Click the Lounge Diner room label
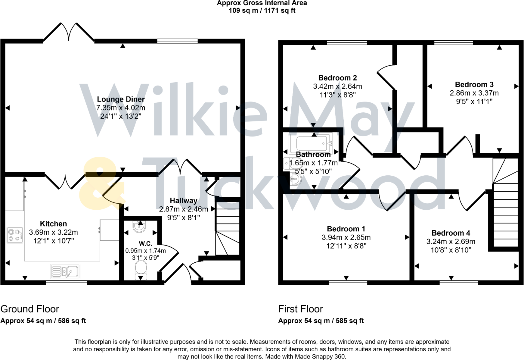click(x=121, y=99)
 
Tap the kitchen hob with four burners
click(x=15, y=235)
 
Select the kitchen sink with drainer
click(x=65, y=271)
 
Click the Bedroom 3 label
click(x=474, y=84)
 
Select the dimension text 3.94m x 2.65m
click(x=346, y=237)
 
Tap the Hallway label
click(x=183, y=201)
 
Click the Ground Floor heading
click(x=30, y=309)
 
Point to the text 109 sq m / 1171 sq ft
click(x=262, y=11)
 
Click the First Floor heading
click(x=300, y=309)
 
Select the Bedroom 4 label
click(x=451, y=233)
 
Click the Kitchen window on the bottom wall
click(x=66, y=283)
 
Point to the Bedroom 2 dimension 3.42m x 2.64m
click(x=337, y=86)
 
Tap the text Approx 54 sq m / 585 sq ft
click(x=321, y=321)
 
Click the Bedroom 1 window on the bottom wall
click(x=348, y=283)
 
